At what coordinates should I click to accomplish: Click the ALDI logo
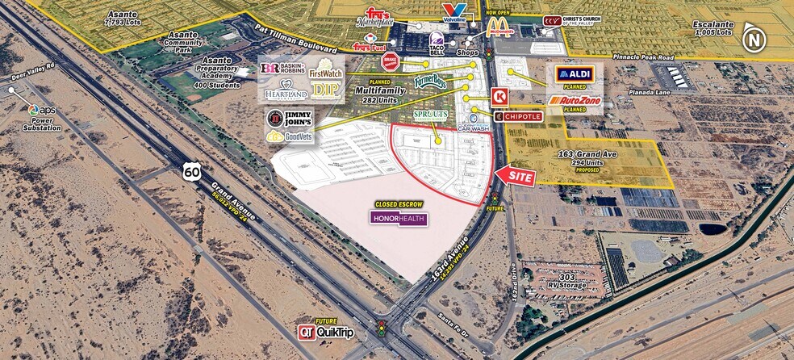(x=575, y=75)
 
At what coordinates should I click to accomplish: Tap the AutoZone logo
(x=575, y=101)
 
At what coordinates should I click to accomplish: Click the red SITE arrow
(x=515, y=176)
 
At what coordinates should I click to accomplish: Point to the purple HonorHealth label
(x=399, y=218)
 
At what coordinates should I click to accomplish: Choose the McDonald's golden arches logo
(x=499, y=27)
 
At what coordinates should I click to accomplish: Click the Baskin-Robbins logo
(x=282, y=69)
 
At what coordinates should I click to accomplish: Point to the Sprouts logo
(x=430, y=115)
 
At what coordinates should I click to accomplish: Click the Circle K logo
(x=499, y=96)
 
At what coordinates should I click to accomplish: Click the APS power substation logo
(x=35, y=111)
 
